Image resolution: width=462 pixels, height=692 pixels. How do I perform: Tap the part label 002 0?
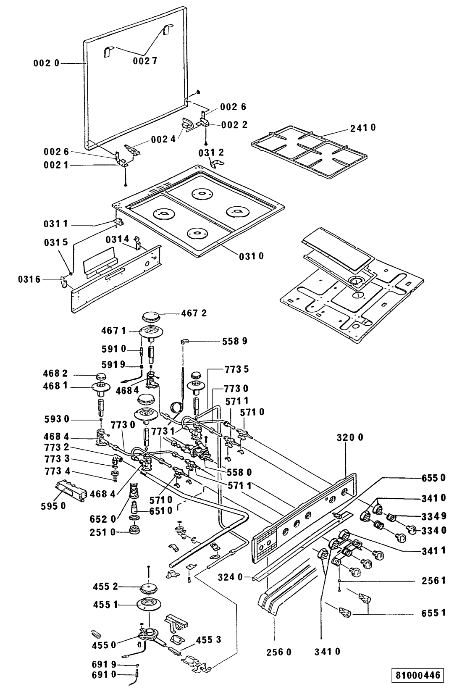46,63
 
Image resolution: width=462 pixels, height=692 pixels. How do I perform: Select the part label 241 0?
363,127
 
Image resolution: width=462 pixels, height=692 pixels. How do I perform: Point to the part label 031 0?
251,256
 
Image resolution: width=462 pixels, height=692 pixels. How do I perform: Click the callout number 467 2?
194,313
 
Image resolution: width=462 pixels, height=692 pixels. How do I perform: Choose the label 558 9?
235,341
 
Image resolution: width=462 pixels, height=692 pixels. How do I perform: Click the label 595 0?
53,506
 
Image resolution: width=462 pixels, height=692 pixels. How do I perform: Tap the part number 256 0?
279,652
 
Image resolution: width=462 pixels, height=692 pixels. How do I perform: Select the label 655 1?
433,613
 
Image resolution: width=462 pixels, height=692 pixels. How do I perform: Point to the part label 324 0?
231,577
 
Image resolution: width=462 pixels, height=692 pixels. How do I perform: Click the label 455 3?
208,639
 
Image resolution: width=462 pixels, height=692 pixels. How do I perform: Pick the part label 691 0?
104,674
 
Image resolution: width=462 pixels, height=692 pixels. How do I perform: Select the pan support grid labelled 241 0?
309,152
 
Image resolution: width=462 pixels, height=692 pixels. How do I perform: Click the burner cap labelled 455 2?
150,589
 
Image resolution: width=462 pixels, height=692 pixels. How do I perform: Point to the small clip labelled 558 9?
184,341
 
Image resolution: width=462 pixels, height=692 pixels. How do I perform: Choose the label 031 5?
55,242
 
